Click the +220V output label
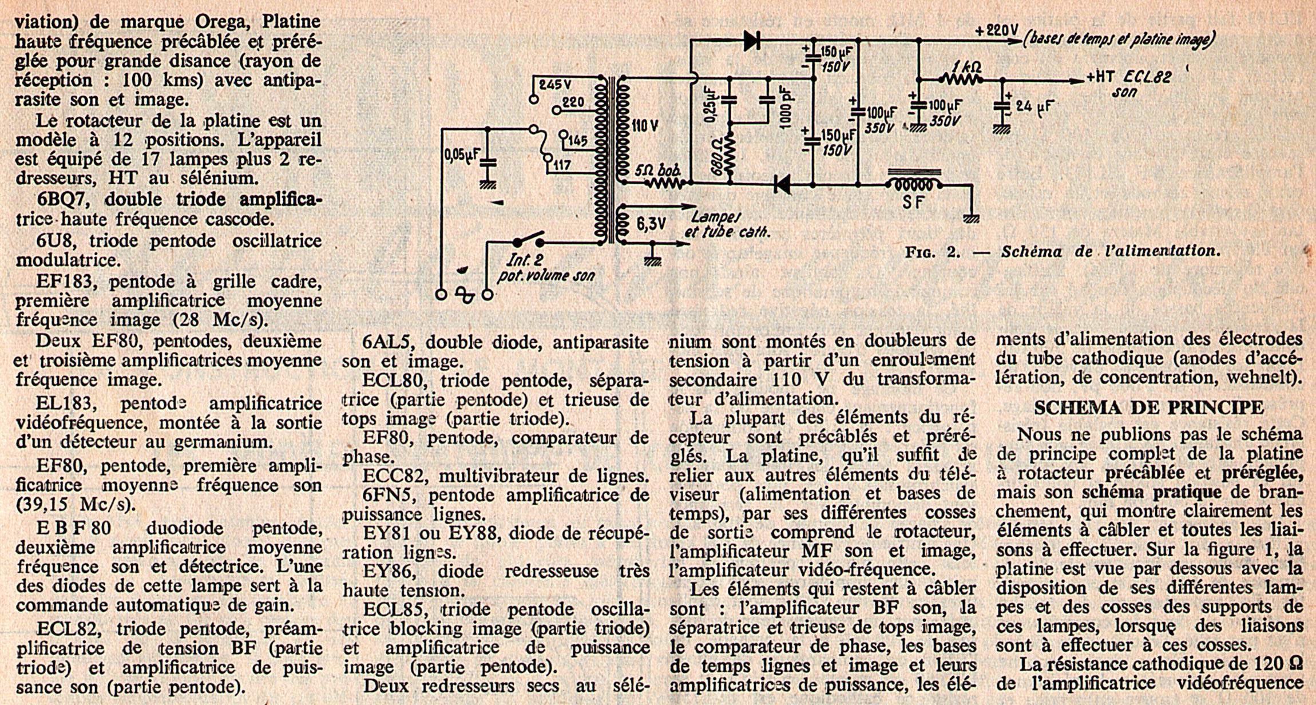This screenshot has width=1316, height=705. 997,30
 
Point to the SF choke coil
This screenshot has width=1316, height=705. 914,185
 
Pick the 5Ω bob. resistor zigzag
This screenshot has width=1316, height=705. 665,184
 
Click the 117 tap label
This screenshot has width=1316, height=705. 561,165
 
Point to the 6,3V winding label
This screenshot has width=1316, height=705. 651,224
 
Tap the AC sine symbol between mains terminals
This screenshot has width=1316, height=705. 464,295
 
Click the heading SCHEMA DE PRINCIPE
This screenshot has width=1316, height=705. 1149,407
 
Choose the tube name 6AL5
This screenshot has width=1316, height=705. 387,342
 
